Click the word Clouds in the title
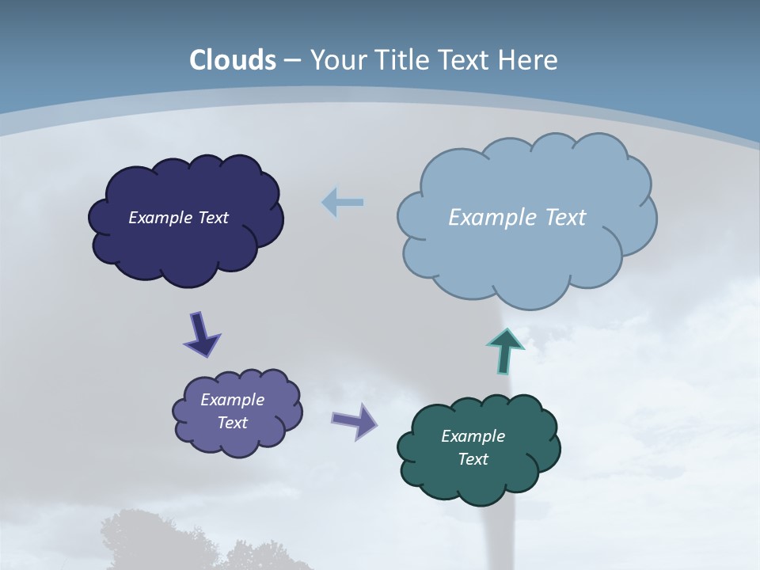[x=233, y=60]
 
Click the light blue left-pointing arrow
[x=343, y=203]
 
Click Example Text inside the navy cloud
[x=179, y=218]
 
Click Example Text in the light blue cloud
[x=517, y=218]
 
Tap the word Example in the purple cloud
[x=232, y=400]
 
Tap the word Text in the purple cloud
[x=232, y=423]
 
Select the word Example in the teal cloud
[x=473, y=436]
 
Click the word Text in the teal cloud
[x=473, y=459]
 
